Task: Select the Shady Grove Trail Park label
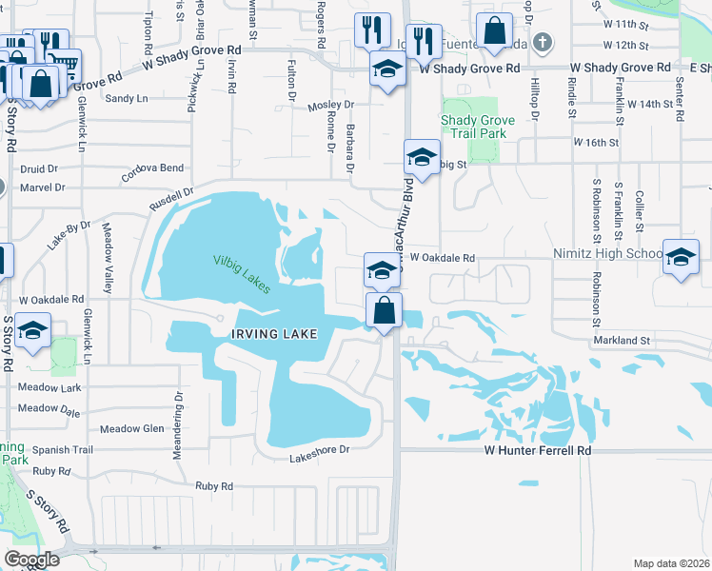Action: pos(478,127)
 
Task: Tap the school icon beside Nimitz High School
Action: pos(682,256)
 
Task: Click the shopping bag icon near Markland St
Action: pos(383,310)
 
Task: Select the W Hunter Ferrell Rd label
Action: pos(538,449)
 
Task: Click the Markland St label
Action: pos(620,340)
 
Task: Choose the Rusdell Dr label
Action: pos(172,199)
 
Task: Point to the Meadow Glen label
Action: pos(132,428)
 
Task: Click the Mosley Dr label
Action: pos(330,106)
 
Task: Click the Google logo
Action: pos(31,560)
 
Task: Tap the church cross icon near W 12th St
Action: pos(542,42)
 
